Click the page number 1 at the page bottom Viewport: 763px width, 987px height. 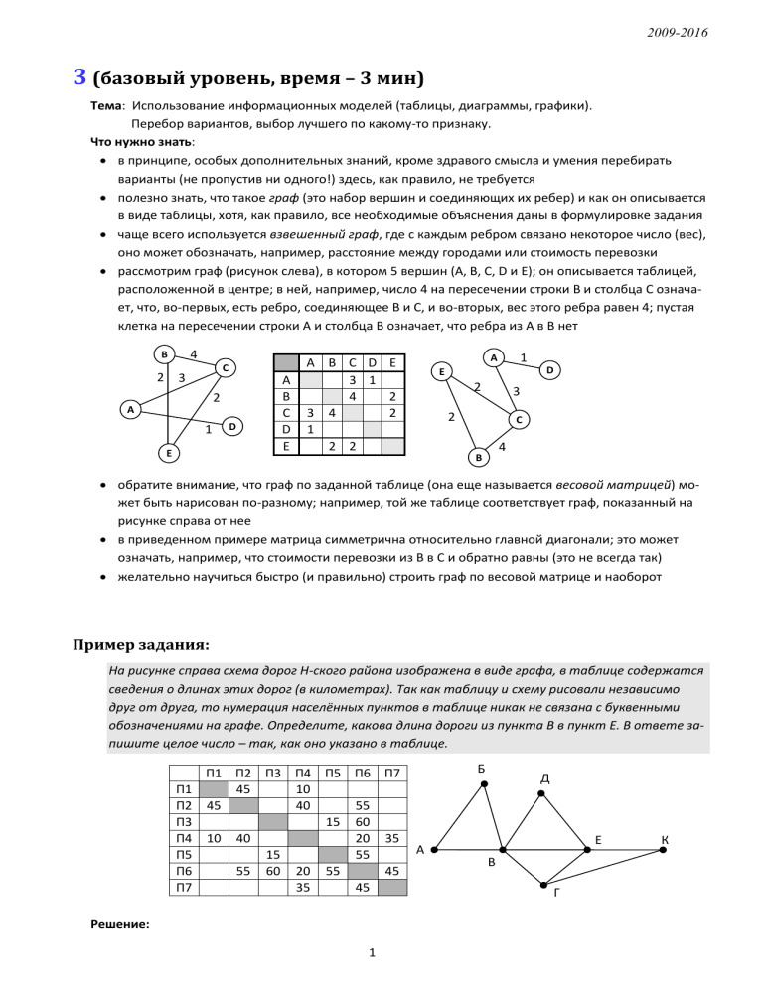(370, 955)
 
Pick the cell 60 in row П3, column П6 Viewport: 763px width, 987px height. (364, 822)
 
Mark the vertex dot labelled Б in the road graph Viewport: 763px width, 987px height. (484, 784)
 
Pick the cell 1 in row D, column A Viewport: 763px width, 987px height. (311, 429)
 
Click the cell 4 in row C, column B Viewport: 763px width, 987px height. (331, 412)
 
